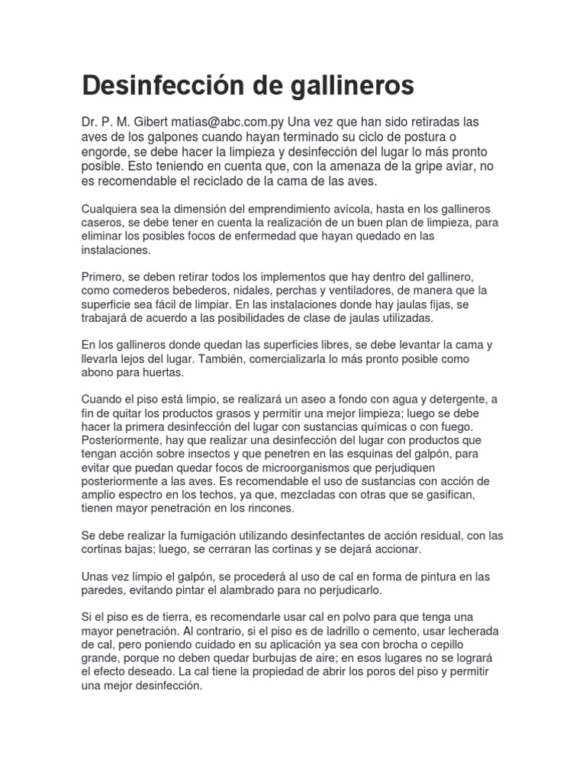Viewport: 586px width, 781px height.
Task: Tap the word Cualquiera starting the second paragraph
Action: (112, 209)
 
